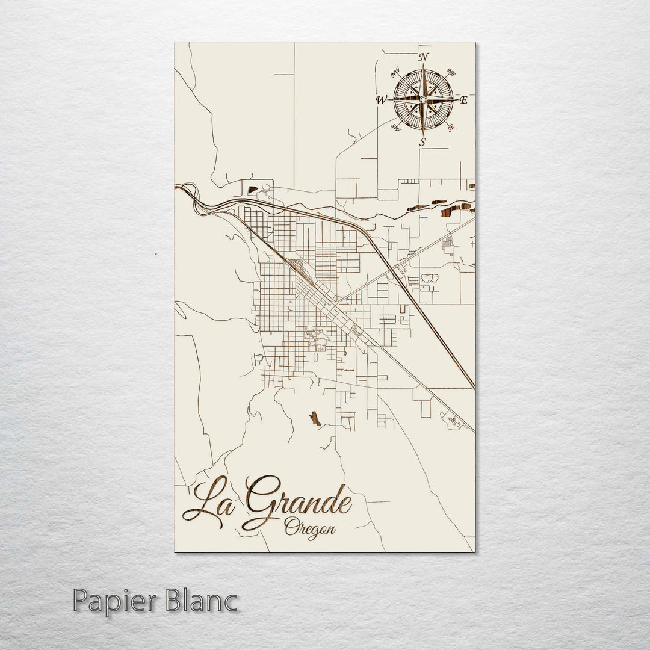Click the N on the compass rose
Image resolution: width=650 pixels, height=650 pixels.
tap(424, 57)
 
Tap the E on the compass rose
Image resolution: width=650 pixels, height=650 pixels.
tap(463, 101)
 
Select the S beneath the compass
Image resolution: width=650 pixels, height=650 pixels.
tap(422, 143)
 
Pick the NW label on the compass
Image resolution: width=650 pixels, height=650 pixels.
tap(396, 73)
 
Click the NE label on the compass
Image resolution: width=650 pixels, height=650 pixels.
tap(451, 73)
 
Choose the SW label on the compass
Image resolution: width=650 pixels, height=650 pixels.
tap(395, 126)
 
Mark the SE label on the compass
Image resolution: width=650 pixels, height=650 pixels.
tap(451, 127)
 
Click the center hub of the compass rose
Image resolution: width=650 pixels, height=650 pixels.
tap(423, 99)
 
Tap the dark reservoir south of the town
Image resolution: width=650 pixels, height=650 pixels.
tap(315, 418)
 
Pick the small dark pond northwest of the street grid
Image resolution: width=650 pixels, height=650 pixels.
tap(253, 190)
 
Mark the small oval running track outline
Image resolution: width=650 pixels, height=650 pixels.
tap(430, 278)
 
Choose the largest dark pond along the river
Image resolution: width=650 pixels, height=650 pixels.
tap(450, 211)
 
